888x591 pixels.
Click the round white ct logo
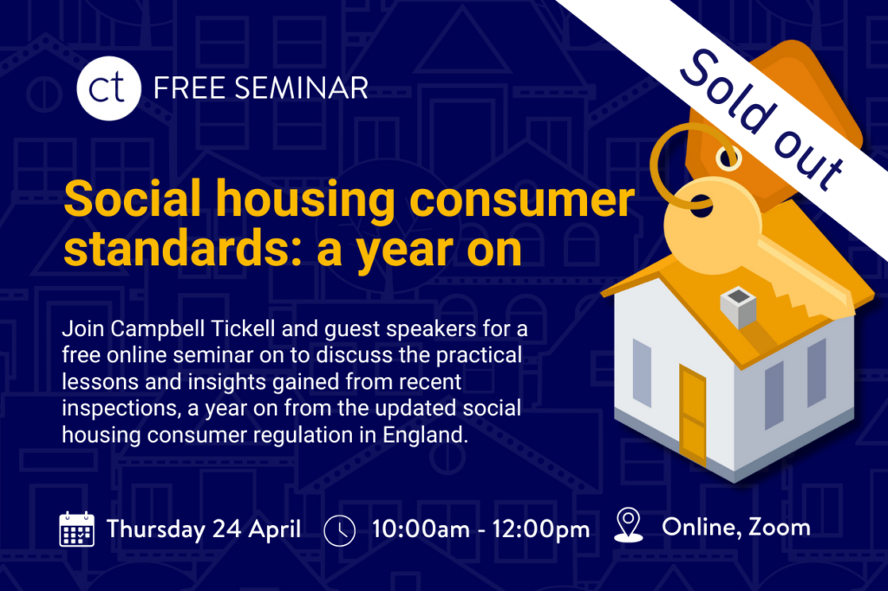(108, 88)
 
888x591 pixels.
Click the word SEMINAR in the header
(301, 88)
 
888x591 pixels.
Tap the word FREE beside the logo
(189, 88)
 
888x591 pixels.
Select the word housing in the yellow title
(305, 200)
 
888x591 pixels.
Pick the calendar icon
(77, 529)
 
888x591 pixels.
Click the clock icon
(340, 530)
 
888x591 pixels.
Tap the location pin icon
(629, 525)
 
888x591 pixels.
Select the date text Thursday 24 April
(204, 529)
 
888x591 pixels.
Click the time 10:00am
(421, 529)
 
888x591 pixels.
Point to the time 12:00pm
(541, 529)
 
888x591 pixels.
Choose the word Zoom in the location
(780, 528)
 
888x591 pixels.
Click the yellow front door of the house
(693, 415)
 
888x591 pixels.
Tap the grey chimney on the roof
(738, 306)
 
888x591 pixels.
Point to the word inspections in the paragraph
(121, 408)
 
